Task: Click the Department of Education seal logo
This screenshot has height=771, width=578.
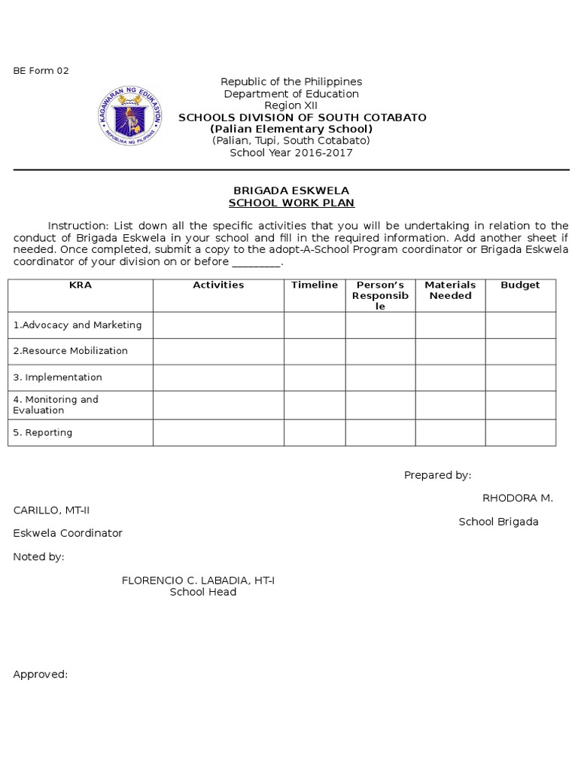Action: [130, 116]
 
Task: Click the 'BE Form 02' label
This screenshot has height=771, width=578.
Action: [41, 71]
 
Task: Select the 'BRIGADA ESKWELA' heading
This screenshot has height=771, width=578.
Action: [291, 190]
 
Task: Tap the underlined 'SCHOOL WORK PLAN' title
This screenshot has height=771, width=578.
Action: [291, 203]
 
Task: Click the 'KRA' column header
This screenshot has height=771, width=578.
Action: [80, 285]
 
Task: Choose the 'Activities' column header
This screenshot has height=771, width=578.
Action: [218, 285]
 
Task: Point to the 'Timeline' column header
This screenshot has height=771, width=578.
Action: [315, 285]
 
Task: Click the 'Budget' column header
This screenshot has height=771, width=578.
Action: [520, 285]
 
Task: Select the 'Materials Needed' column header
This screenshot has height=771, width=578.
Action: [450, 291]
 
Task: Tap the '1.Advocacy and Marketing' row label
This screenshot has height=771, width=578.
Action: [78, 325]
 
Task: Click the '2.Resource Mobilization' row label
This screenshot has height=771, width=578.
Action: [71, 351]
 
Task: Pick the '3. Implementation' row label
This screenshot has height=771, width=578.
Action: [58, 377]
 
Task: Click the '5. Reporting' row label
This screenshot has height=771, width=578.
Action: [43, 433]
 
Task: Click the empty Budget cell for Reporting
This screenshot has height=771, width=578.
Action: [520, 433]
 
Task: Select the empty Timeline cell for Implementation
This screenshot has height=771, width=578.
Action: [315, 377]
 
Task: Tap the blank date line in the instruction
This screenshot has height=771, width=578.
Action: [256, 263]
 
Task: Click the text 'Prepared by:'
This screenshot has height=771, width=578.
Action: [437, 475]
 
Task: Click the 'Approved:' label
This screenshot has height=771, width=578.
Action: [41, 675]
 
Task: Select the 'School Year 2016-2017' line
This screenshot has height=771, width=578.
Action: [291, 153]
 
